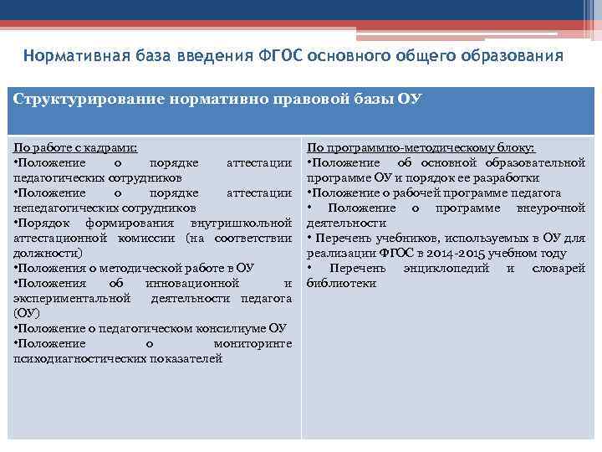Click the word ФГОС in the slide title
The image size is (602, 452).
tap(278, 57)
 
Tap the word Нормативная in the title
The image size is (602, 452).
tap(74, 57)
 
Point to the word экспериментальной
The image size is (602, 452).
tap(72, 298)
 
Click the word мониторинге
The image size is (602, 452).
tap(253, 343)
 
